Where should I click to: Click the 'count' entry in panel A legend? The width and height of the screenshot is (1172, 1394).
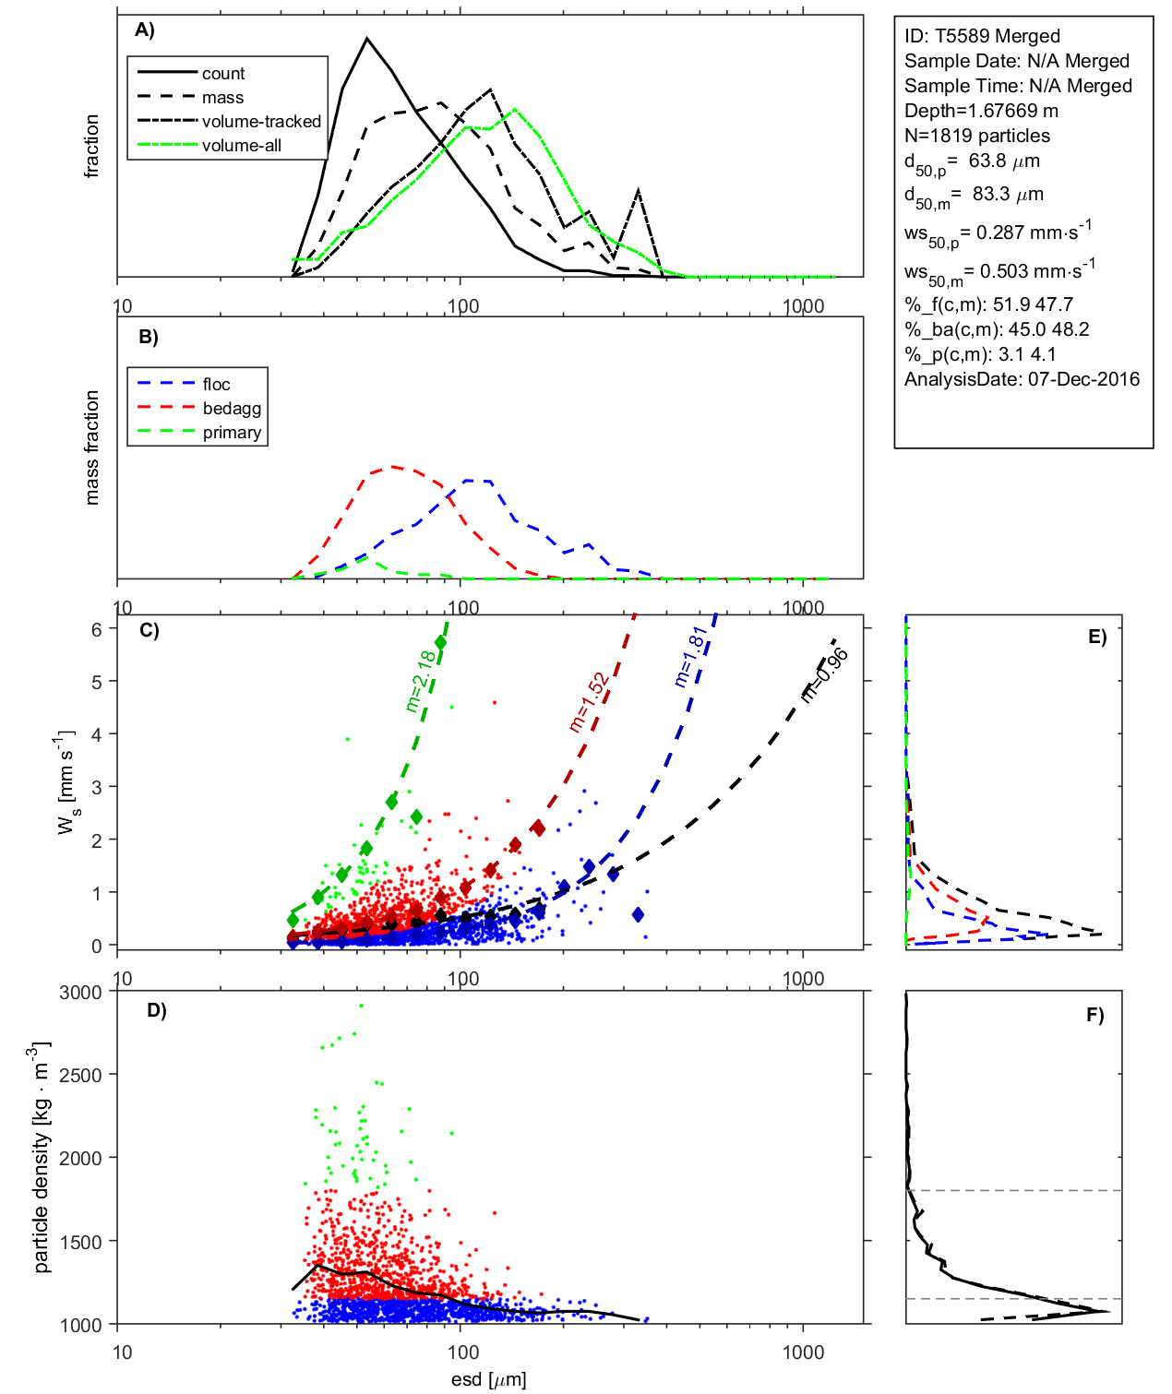click(x=223, y=74)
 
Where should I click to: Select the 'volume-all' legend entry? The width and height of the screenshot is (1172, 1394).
click(x=242, y=146)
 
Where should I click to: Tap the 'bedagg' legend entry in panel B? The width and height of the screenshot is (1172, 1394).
click(x=232, y=409)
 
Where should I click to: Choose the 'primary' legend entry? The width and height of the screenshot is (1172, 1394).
click(x=232, y=433)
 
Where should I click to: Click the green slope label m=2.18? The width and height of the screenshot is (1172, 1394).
click(x=421, y=681)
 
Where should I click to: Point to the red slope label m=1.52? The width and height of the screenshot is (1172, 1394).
click(x=589, y=702)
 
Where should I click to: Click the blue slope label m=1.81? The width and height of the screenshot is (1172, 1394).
click(x=690, y=656)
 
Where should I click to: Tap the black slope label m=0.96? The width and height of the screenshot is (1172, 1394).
click(x=824, y=674)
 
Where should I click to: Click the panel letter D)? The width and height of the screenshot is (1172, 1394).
click(x=157, y=1010)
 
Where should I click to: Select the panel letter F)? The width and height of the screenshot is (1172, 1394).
click(x=1095, y=1016)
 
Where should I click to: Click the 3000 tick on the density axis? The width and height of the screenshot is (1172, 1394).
click(x=80, y=993)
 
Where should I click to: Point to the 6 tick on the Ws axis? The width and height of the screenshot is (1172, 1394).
click(x=96, y=629)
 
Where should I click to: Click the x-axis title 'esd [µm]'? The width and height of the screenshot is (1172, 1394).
click(x=488, y=1380)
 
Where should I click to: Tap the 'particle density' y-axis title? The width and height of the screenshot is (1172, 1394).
click(x=42, y=1158)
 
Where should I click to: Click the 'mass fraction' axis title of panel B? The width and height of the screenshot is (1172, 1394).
click(x=91, y=447)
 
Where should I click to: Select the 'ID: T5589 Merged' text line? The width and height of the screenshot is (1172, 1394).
click(x=982, y=36)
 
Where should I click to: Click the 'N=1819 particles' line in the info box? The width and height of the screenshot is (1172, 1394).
click(x=976, y=136)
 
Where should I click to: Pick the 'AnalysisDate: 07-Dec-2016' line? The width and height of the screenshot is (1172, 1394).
click(x=1022, y=379)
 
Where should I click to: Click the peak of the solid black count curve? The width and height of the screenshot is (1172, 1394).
click(x=367, y=39)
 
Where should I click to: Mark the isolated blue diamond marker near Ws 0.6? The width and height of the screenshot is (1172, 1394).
click(x=638, y=915)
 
